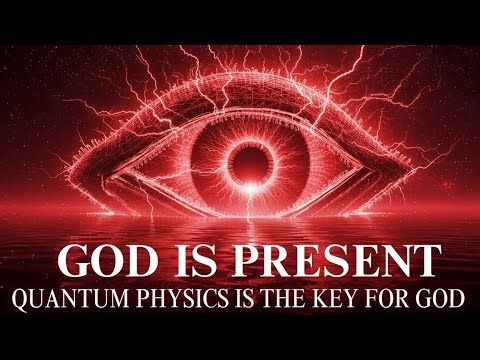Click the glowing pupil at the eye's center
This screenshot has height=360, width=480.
pos(241,158)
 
